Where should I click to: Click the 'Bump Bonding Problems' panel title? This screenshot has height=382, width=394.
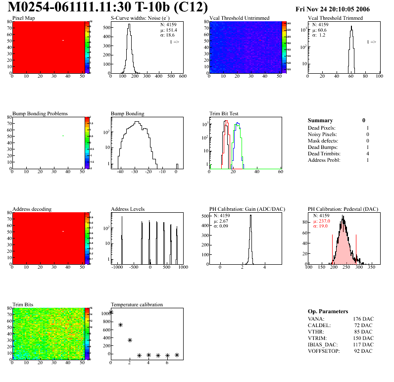40,114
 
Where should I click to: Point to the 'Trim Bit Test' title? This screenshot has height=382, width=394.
224,114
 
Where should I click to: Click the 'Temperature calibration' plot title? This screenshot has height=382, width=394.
137,304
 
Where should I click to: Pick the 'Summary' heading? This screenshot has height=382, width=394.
320,120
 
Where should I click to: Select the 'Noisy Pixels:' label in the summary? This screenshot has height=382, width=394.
322,134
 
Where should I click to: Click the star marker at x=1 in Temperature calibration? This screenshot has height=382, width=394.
120,325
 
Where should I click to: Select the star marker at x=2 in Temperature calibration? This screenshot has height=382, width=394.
130,340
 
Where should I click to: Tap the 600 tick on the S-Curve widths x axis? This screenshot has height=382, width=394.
182,77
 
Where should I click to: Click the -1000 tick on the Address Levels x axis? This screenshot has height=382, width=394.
117,267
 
